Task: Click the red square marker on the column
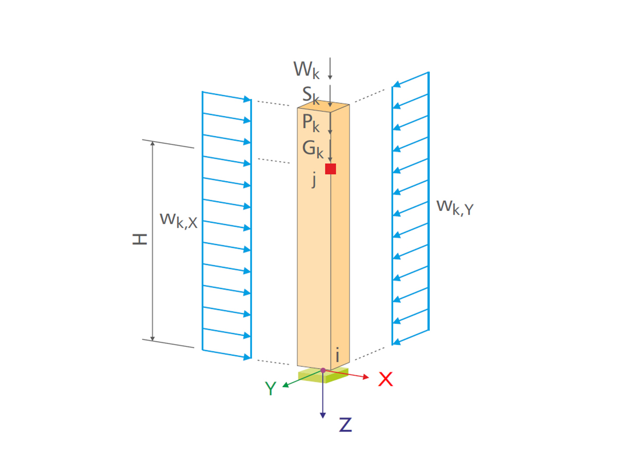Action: (330, 169)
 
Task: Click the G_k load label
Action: (313, 149)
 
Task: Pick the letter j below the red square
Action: (314, 181)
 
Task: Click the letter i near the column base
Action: (337, 354)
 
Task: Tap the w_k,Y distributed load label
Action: (455, 206)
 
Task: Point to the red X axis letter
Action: (386, 379)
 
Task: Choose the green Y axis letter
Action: (270, 389)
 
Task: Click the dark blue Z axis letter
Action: (345, 425)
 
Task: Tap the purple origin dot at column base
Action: (323, 370)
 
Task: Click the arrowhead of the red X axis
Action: (366, 377)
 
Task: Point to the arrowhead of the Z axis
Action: (323, 415)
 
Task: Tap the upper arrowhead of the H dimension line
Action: (152, 143)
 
